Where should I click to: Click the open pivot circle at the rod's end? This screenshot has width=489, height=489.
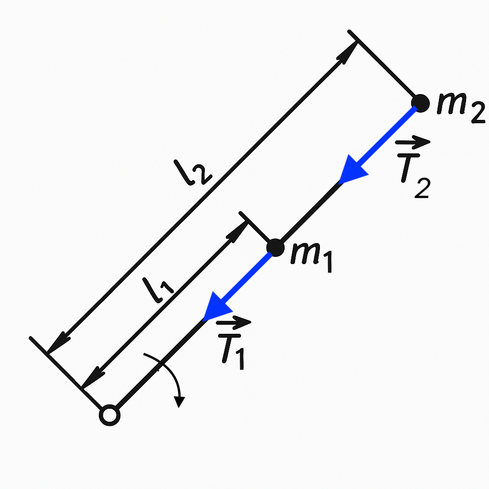[109, 415]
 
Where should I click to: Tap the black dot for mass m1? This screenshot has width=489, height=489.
[275, 247]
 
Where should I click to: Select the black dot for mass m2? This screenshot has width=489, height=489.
[420, 103]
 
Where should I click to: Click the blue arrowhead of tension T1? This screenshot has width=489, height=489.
[215, 308]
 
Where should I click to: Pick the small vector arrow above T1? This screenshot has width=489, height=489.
[234, 322]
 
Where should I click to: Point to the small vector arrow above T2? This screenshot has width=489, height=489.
[413, 141]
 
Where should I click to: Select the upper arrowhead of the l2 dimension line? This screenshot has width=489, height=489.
[349, 50]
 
